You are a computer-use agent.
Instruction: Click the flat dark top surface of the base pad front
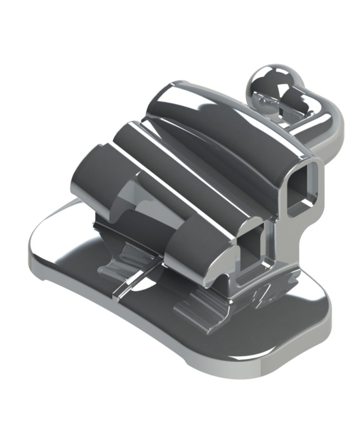(154, 324)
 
